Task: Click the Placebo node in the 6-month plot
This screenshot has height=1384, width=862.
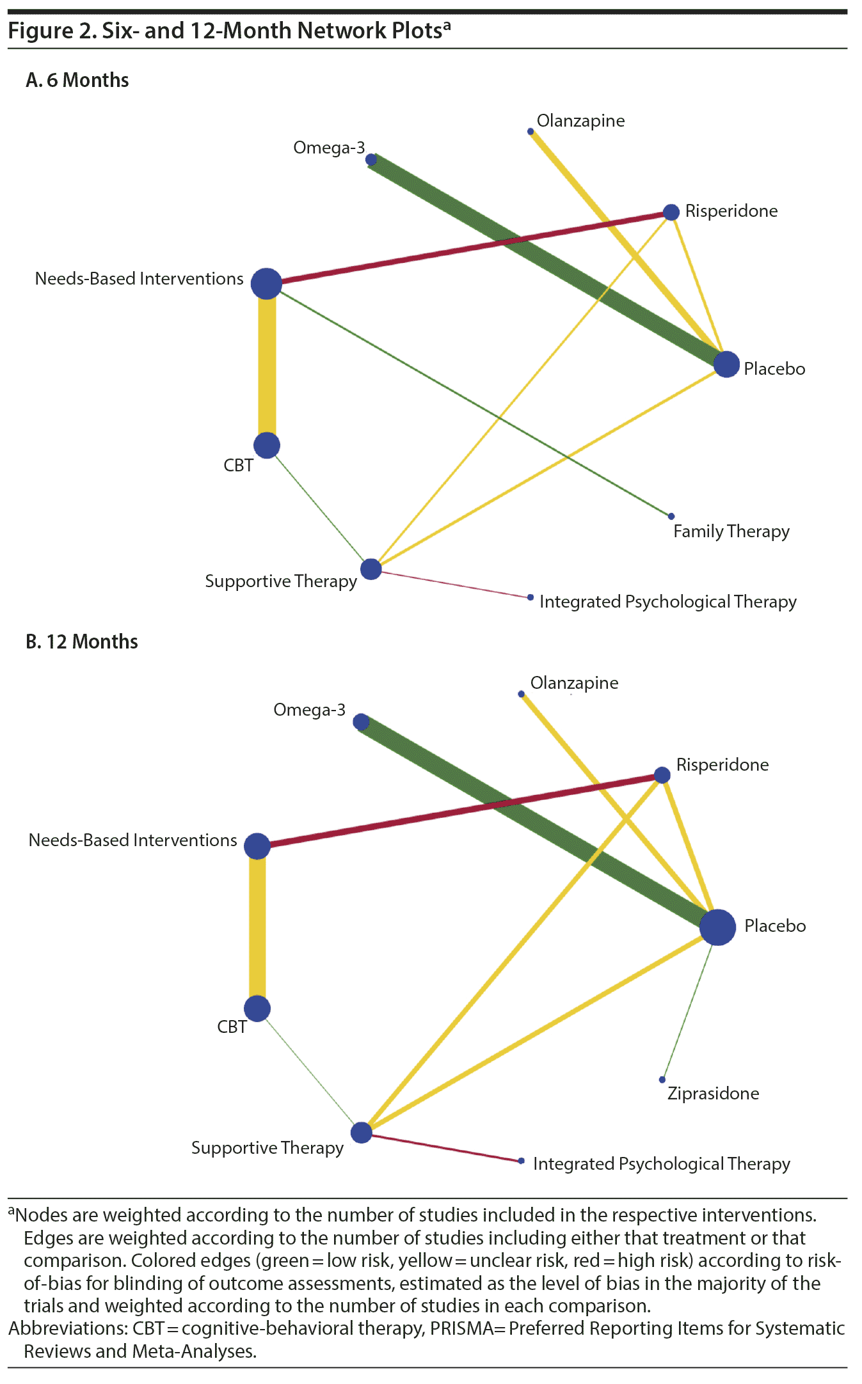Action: coord(726,365)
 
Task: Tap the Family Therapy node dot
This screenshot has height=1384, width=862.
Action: coord(671,516)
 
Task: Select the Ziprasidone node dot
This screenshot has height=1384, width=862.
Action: coord(662,1080)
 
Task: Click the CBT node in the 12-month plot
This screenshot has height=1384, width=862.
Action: coord(257,1009)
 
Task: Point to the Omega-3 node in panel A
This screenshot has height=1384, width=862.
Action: coord(371,159)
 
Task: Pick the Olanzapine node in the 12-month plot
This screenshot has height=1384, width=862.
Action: coord(522,694)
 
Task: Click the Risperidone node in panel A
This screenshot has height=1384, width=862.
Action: coord(671,212)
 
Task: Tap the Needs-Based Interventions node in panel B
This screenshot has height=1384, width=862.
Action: coord(257,846)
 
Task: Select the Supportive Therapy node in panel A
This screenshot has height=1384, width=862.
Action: coord(371,569)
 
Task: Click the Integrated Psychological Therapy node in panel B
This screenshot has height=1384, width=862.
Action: coord(522,1161)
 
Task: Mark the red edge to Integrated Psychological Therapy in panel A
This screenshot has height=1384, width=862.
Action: coord(451,583)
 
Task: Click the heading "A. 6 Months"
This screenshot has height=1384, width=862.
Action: coord(77,81)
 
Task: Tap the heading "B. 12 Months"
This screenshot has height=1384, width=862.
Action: coord(82,641)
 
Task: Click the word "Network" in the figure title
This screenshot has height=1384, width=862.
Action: coord(335,31)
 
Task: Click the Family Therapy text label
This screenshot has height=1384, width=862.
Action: coord(731,531)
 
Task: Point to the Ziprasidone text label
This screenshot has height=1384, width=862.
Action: coord(713,1094)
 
